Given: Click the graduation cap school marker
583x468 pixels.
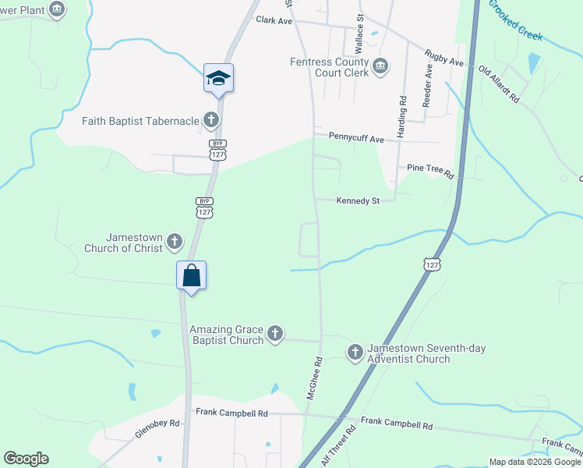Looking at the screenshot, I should [x=219, y=78].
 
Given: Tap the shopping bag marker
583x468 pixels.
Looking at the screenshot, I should [x=192, y=275].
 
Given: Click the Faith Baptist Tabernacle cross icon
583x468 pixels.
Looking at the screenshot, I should [x=210, y=120].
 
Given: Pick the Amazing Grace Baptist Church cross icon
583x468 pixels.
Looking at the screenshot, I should [x=274, y=335].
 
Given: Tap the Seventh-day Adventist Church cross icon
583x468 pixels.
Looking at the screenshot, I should [x=355, y=353].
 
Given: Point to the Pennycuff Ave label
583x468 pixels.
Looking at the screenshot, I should [x=356, y=139].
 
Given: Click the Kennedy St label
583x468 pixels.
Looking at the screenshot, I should [x=357, y=200].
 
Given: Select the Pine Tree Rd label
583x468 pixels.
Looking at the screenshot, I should [x=430, y=168].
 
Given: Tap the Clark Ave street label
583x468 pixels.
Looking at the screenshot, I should [x=273, y=21].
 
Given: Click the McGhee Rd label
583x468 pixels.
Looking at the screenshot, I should [x=315, y=378].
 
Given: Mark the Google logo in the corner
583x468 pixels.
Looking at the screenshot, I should [x=26, y=459].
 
